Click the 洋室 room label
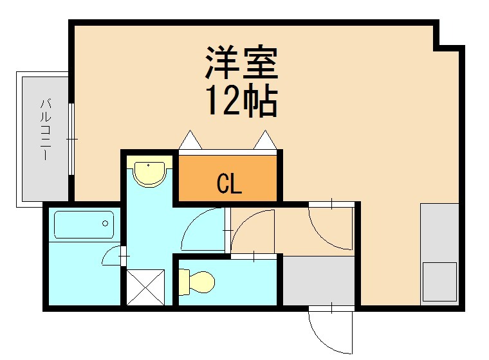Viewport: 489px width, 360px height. (x=241, y=63)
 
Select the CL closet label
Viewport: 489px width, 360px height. (x=228, y=185)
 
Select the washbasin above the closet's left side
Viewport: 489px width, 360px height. (x=149, y=173)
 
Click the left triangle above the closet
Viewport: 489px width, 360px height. (x=190, y=140)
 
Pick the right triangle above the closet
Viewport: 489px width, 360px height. (x=264, y=140)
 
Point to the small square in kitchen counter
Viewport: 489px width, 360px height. (x=440, y=282)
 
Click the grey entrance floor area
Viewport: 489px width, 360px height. (x=318, y=280)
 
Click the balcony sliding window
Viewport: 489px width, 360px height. (x=71, y=138)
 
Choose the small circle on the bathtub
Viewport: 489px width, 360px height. (x=106, y=224)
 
